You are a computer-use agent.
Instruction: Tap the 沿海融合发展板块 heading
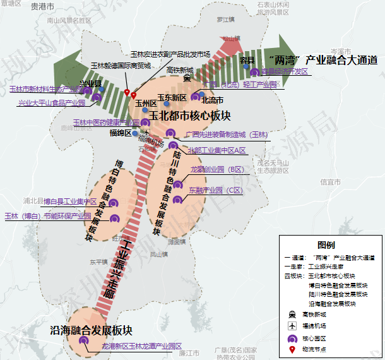click(92, 330)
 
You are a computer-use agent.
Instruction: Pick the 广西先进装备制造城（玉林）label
click(227, 135)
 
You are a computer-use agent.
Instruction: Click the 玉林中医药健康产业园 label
click(106, 122)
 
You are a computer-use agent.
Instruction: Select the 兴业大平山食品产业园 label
click(51, 102)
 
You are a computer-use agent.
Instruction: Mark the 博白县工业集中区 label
click(70, 201)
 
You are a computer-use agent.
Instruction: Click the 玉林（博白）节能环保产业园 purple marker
click(115, 219)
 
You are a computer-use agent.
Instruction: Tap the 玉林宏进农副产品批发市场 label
click(170, 54)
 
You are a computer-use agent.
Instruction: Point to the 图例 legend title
click(326, 245)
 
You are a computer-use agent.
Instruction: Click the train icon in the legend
click(292, 314)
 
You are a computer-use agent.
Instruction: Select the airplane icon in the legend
click(292, 326)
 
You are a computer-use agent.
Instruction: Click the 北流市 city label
click(211, 100)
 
